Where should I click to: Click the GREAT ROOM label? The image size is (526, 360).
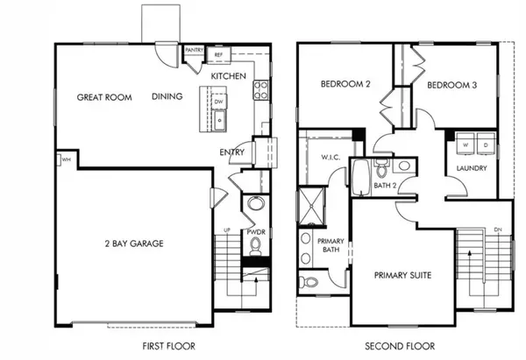coord(104,97)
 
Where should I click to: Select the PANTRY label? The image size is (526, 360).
coord(195,50)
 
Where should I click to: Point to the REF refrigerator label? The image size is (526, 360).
coord(219,50)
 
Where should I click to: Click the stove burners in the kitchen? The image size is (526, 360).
coord(260,88)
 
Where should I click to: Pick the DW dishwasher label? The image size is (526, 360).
coord(218,101)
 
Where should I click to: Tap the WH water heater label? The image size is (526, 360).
coord(66,159)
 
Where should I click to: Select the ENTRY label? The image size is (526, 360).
coord(231,152)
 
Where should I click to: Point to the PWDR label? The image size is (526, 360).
coord(255,232)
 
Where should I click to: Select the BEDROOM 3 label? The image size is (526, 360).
coord(452,87)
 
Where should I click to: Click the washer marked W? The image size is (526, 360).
coord(463,144)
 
